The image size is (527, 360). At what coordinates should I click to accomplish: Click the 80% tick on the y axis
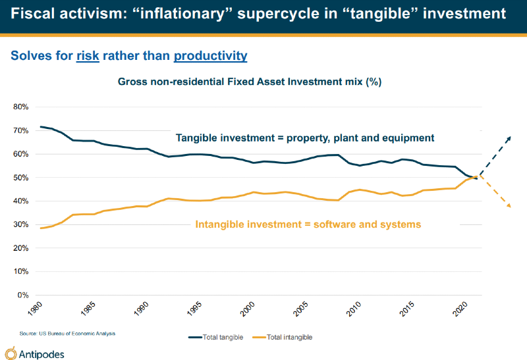point(18,107)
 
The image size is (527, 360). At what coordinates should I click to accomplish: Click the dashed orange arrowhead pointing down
point(509,205)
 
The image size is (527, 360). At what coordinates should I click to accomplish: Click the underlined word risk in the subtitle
point(88,56)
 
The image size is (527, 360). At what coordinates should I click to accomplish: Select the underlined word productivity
point(210,56)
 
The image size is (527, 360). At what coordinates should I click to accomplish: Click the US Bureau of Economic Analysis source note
point(67,334)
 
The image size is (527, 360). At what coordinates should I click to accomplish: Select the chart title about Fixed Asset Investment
point(250,82)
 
